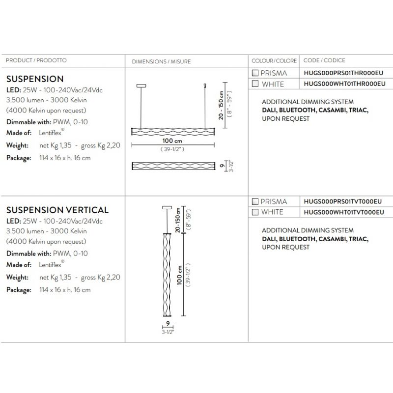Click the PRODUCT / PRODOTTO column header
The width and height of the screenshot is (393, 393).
tap(36, 60)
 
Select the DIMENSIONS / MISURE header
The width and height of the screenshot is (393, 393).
tap(161, 61)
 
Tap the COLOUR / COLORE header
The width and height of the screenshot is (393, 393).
tap(274, 61)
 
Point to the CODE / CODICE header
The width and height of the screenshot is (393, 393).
tap(324, 60)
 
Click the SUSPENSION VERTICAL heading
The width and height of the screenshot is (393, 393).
tap(57, 210)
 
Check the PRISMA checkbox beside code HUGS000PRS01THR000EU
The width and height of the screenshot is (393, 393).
tap(255, 73)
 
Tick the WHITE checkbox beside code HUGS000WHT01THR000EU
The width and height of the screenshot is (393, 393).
tap(255, 84)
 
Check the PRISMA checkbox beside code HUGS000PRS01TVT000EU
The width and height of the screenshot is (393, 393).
tap(255, 201)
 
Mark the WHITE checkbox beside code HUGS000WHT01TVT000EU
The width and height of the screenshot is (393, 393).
tap(255, 212)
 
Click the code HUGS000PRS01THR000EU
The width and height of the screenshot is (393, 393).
tap(343, 73)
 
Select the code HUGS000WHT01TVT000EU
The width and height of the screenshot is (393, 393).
tap(343, 212)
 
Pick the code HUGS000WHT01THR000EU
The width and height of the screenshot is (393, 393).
tap(343, 84)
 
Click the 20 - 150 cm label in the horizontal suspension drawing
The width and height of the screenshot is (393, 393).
tap(222, 105)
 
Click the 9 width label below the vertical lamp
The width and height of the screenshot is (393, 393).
tap(168, 324)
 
